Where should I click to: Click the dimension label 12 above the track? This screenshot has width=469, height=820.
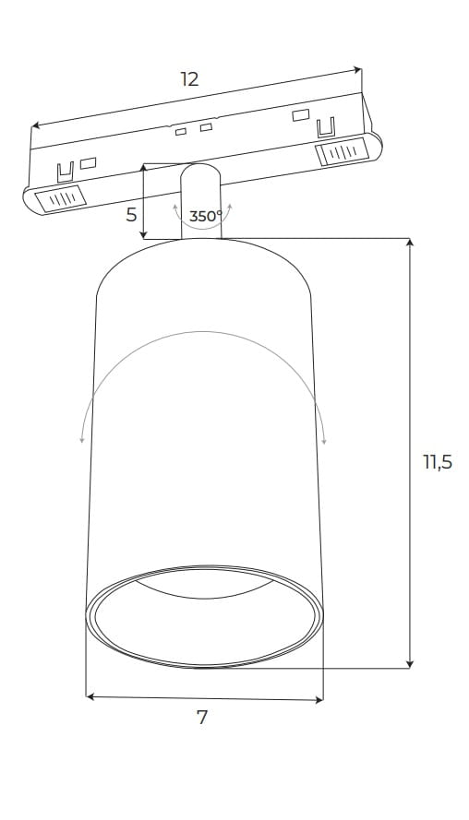(x=189, y=80)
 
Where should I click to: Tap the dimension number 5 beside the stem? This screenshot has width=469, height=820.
(x=131, y=214)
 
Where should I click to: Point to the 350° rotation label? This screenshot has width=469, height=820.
(x=206, y=216)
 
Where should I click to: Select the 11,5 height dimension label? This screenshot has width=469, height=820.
(x=438, y=462)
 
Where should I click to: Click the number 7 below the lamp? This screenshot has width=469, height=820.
(x=202, y=718)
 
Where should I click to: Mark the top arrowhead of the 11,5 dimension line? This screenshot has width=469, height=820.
(x=410, y=243)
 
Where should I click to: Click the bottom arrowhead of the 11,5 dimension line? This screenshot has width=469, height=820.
(x=410, y=664)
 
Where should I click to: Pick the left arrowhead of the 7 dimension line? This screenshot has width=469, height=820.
(x=90, y=696)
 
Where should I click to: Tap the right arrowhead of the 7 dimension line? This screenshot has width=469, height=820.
(x=319, y=700)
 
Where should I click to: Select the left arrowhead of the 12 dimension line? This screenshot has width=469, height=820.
(x=36, y=125)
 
